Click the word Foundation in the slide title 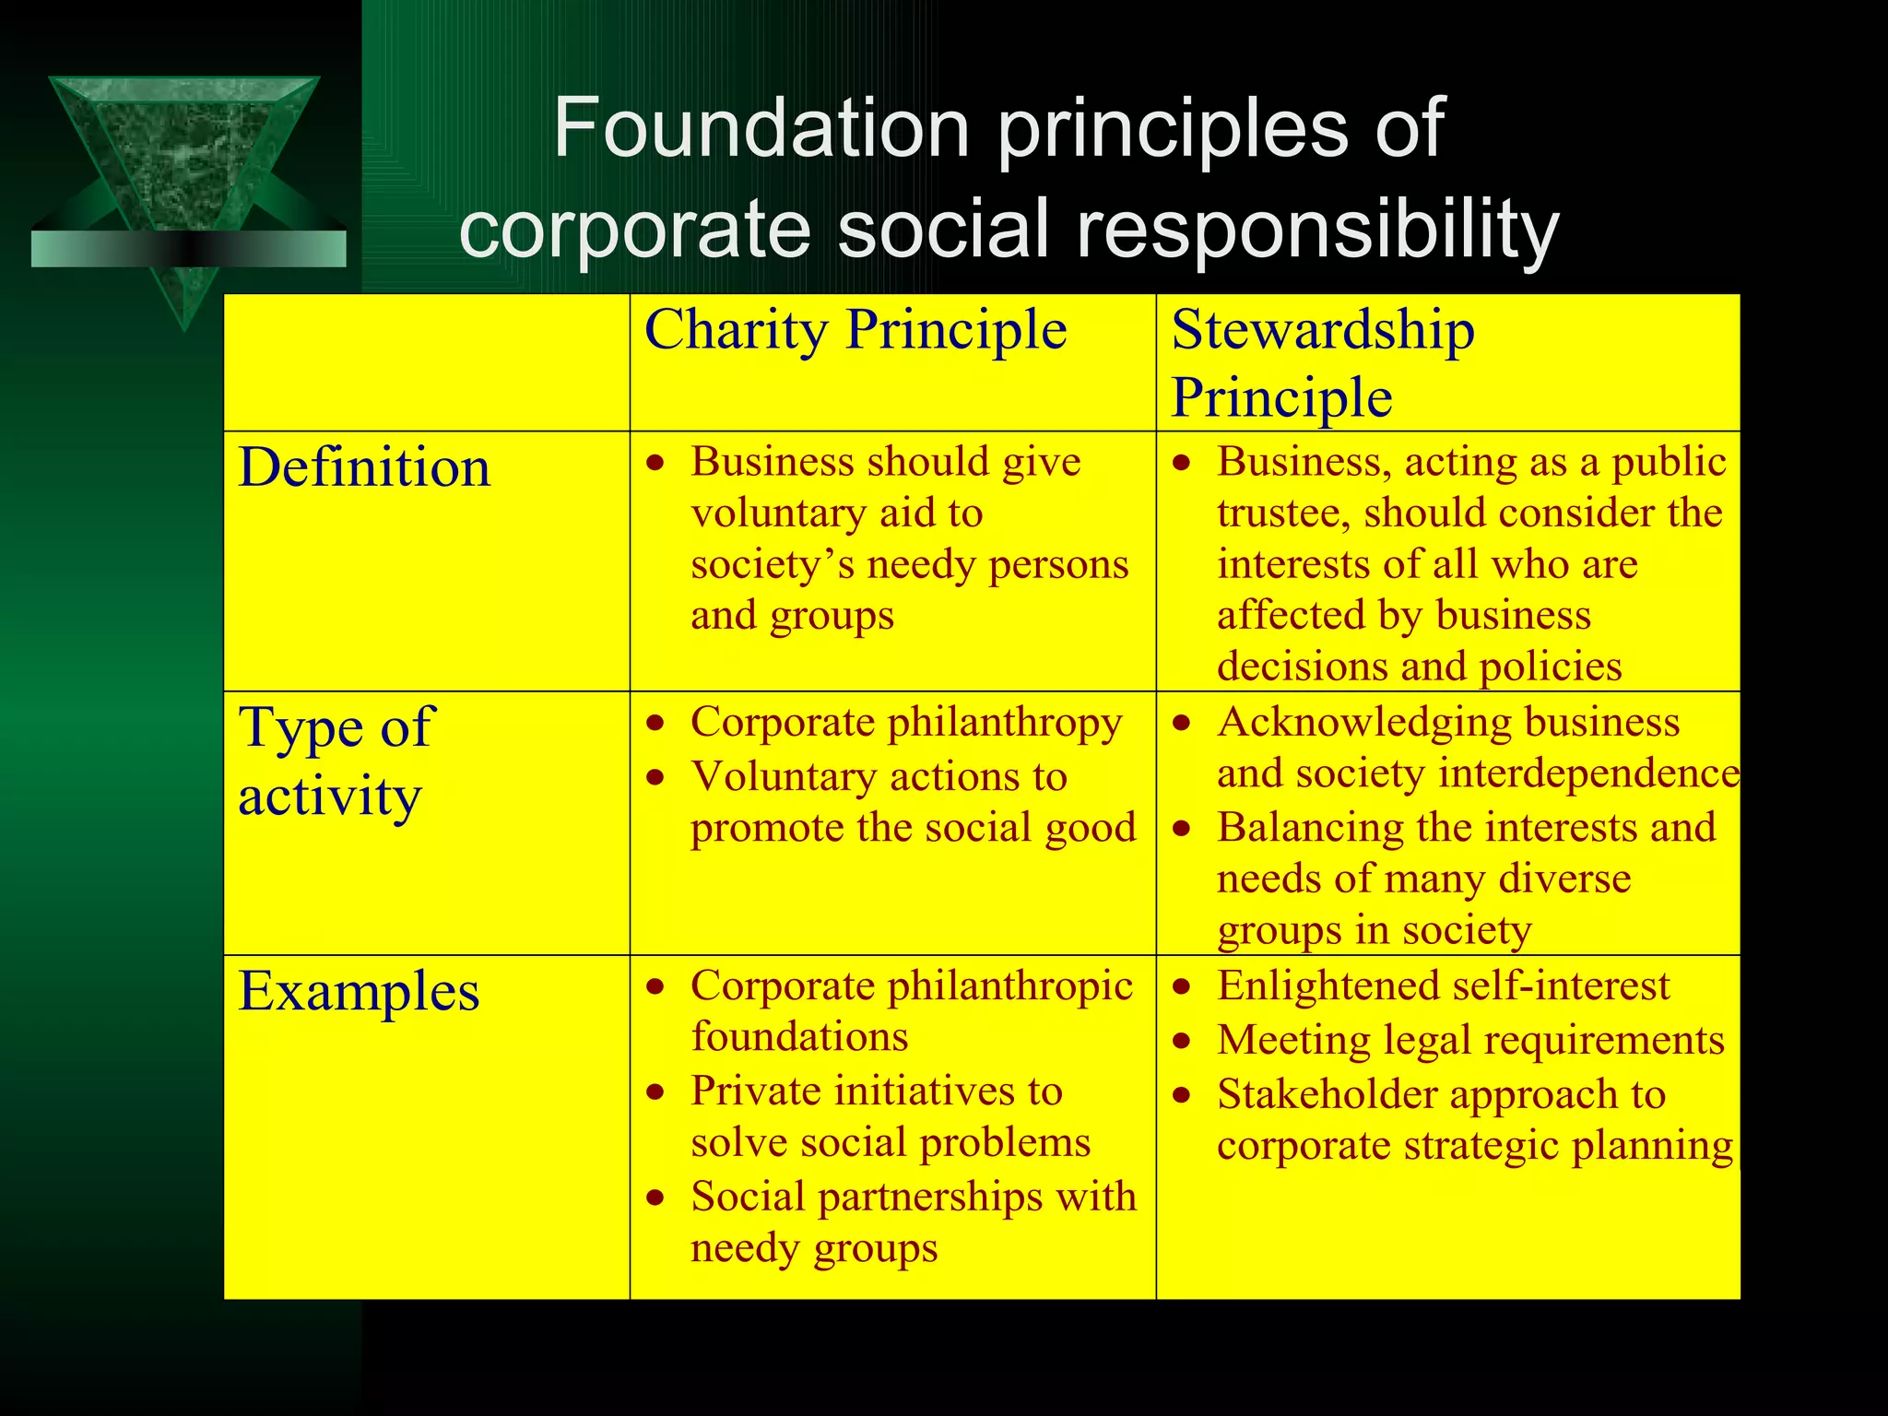coord(761,128)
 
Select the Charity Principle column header coord(855,330)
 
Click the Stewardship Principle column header coord(1322,363)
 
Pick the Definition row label coord(364,467)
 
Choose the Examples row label coord(359,992)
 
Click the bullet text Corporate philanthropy coord(906,722)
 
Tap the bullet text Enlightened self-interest coord(1443,985)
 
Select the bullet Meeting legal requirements coord(1469,1040)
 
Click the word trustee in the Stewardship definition coord(1282,513)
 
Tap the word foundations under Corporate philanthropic coord(799,1037)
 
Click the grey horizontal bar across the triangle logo coord(188,249)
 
